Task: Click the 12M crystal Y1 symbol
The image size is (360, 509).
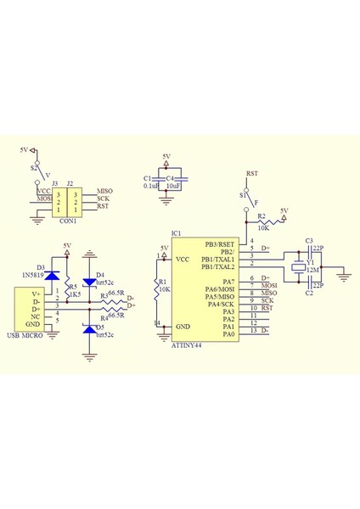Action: (298, 269)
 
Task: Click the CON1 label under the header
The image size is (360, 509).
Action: (68, 221)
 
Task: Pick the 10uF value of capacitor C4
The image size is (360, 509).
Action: (176, 185)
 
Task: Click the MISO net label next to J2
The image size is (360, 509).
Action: (104, 191)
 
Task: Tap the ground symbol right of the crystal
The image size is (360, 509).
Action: (347, 272)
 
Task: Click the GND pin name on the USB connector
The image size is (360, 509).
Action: (32, 325)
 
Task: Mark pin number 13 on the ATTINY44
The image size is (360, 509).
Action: (253, 332)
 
